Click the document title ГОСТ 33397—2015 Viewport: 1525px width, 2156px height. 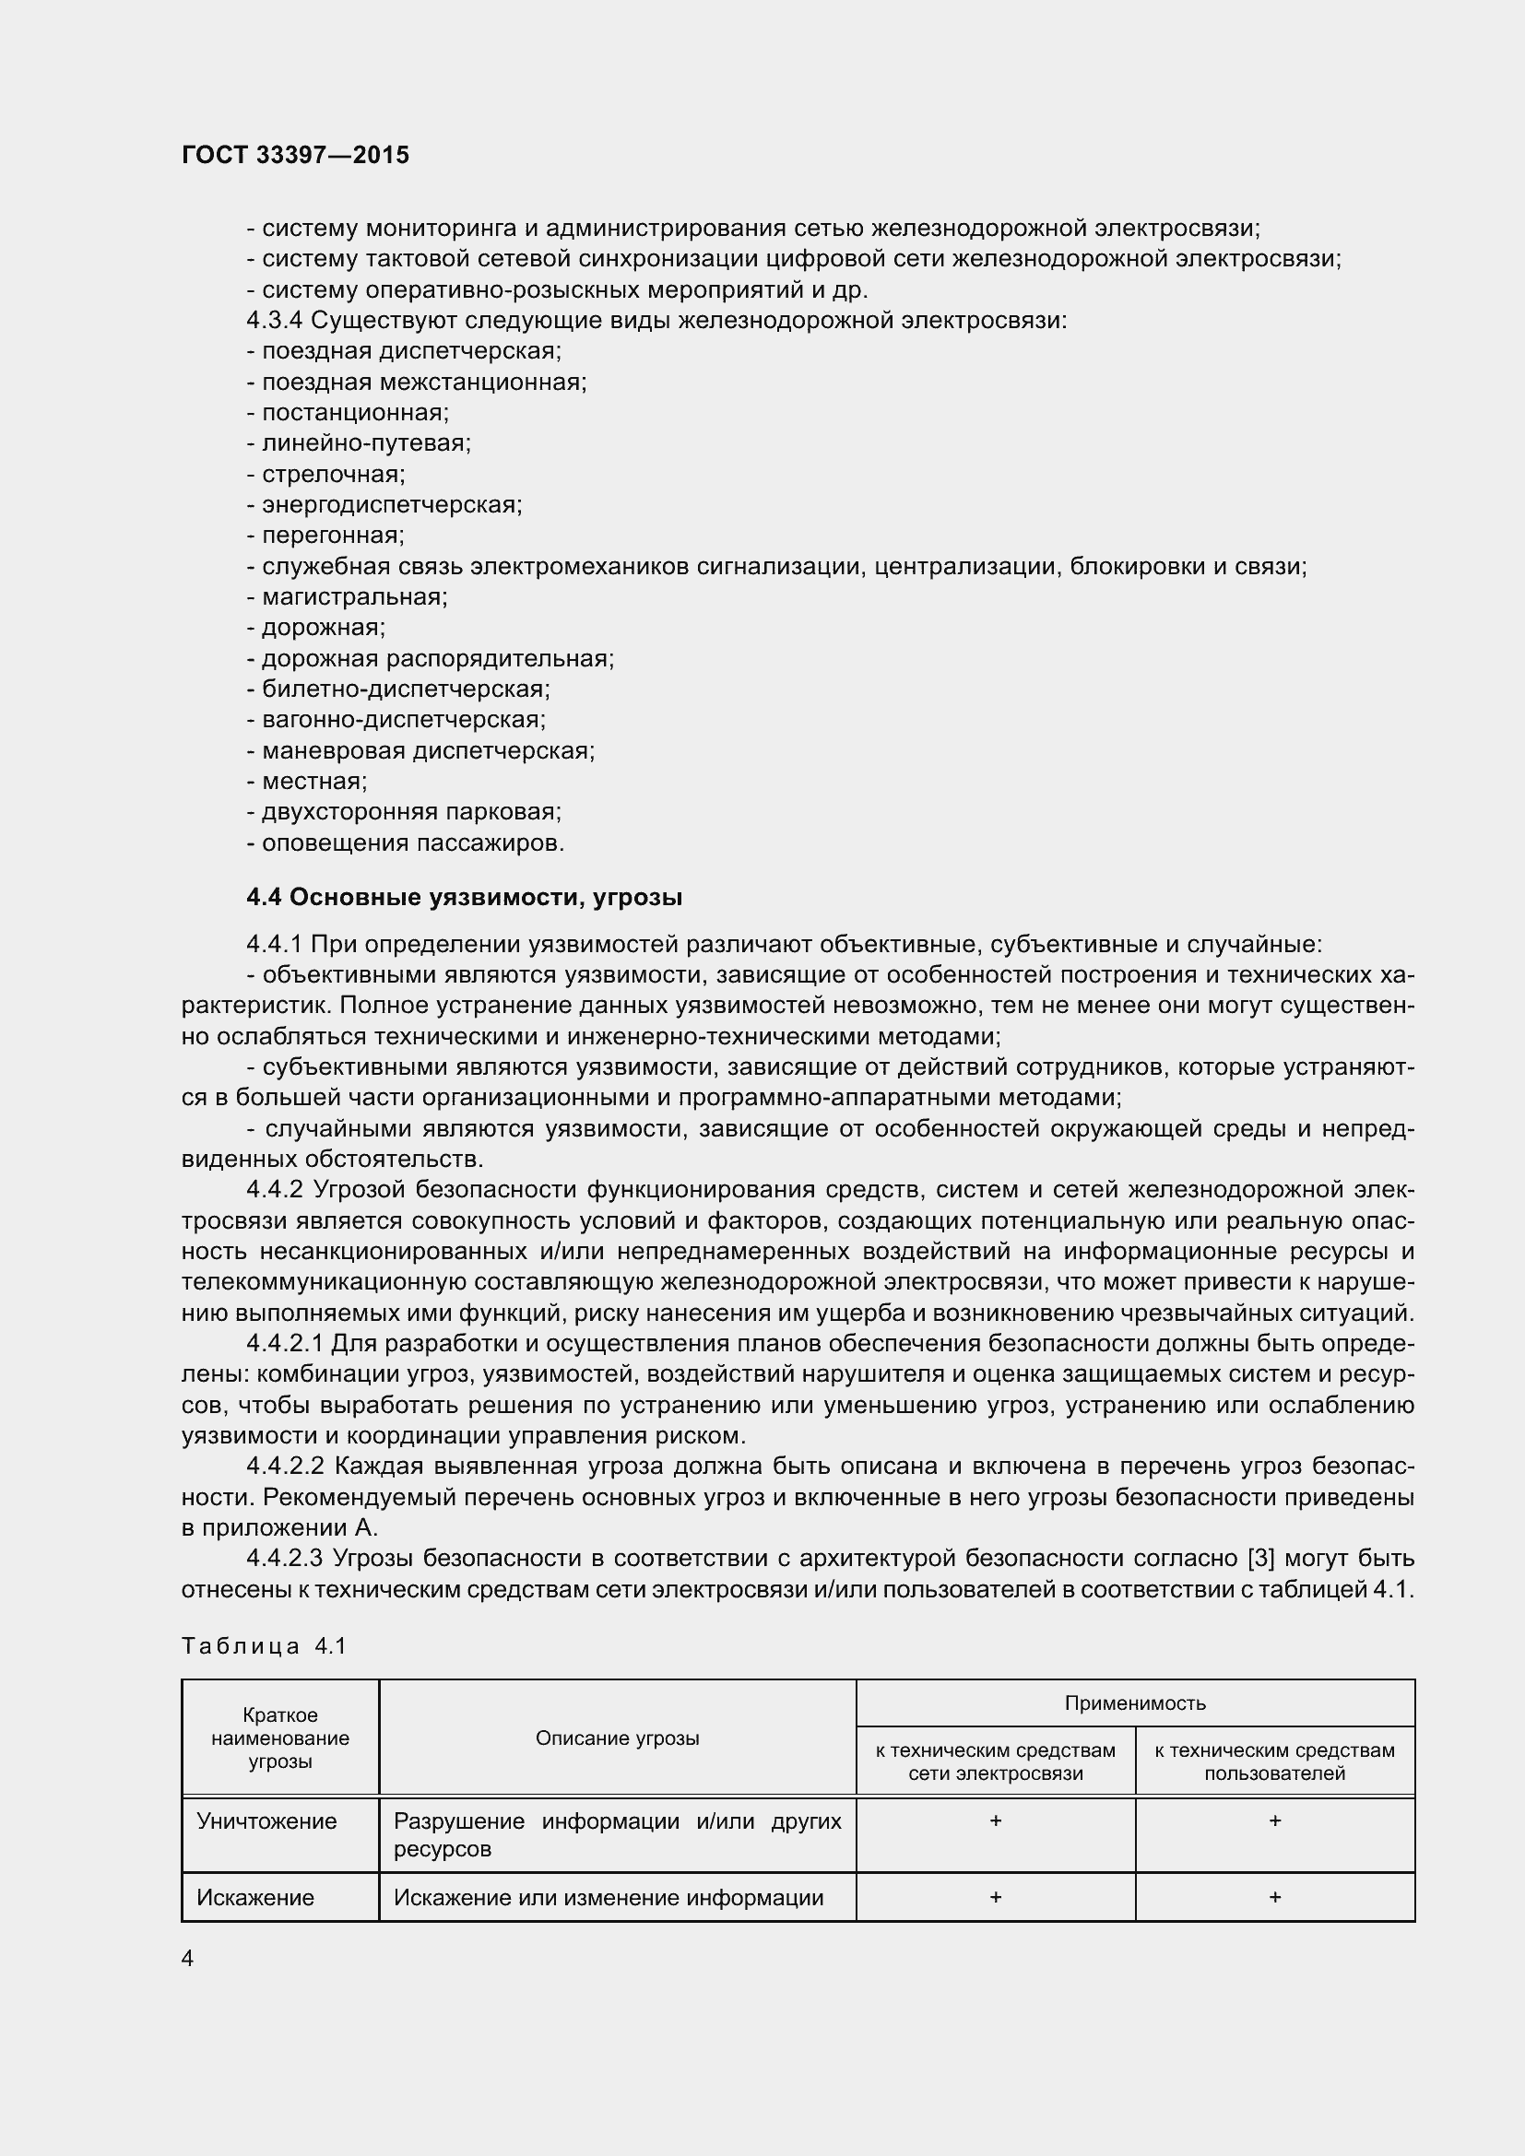coord(295,155)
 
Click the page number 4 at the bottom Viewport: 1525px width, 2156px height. coord(188,1958)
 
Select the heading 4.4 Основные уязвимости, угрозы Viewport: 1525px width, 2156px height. coord(464,898)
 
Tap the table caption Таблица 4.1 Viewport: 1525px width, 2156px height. coord(265,1645)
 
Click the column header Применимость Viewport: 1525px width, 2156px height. coord(1134,1702)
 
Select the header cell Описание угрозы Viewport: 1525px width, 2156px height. coord(617,1738)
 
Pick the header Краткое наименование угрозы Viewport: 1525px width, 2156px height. coord(280,1738)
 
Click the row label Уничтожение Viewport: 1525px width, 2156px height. coord(266,1821)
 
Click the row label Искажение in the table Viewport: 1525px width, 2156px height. coord(255,1898)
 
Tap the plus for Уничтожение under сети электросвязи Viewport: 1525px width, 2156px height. coord(996,1820)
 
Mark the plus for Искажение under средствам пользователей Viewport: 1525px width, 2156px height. coord(1274,1897)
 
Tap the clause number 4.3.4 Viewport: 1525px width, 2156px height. coord(274,320)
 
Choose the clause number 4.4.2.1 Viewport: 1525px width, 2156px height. coord(285,1344)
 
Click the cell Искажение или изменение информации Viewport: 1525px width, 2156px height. coord(609,1898)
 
